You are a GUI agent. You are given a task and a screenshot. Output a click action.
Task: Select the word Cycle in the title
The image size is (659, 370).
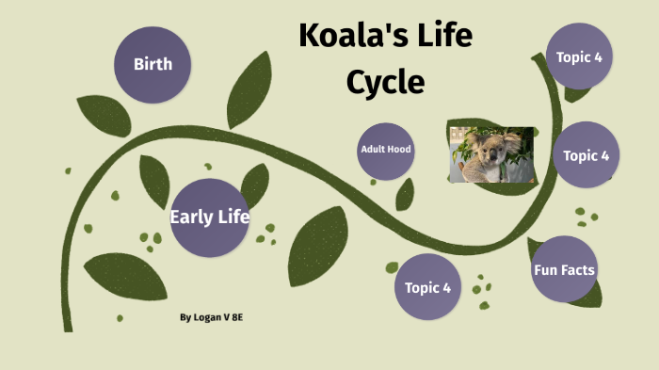(385, 83)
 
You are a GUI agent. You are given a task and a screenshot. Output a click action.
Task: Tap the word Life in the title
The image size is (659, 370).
(443, 37)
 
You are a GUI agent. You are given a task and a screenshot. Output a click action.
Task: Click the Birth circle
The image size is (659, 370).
(153, 65)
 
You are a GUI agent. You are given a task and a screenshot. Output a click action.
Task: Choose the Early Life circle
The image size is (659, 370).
(209, 217)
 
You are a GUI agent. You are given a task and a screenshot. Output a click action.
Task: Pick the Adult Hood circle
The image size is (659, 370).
(386, 150)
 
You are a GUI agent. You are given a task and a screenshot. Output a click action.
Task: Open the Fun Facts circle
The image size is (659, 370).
(564, 269)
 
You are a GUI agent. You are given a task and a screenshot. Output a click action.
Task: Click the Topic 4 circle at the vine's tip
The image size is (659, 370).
(579, 56)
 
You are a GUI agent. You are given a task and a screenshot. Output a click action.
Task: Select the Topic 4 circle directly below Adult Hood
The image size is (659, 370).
(427, 286)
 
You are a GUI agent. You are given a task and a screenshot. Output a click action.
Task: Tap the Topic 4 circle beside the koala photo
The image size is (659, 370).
(586, 155)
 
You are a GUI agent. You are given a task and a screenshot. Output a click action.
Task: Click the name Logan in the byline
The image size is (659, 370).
(209, 317)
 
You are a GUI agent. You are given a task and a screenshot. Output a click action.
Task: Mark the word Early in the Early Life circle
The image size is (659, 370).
(188, 217)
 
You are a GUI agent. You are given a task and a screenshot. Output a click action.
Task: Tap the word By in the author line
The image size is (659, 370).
(185, 317)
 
